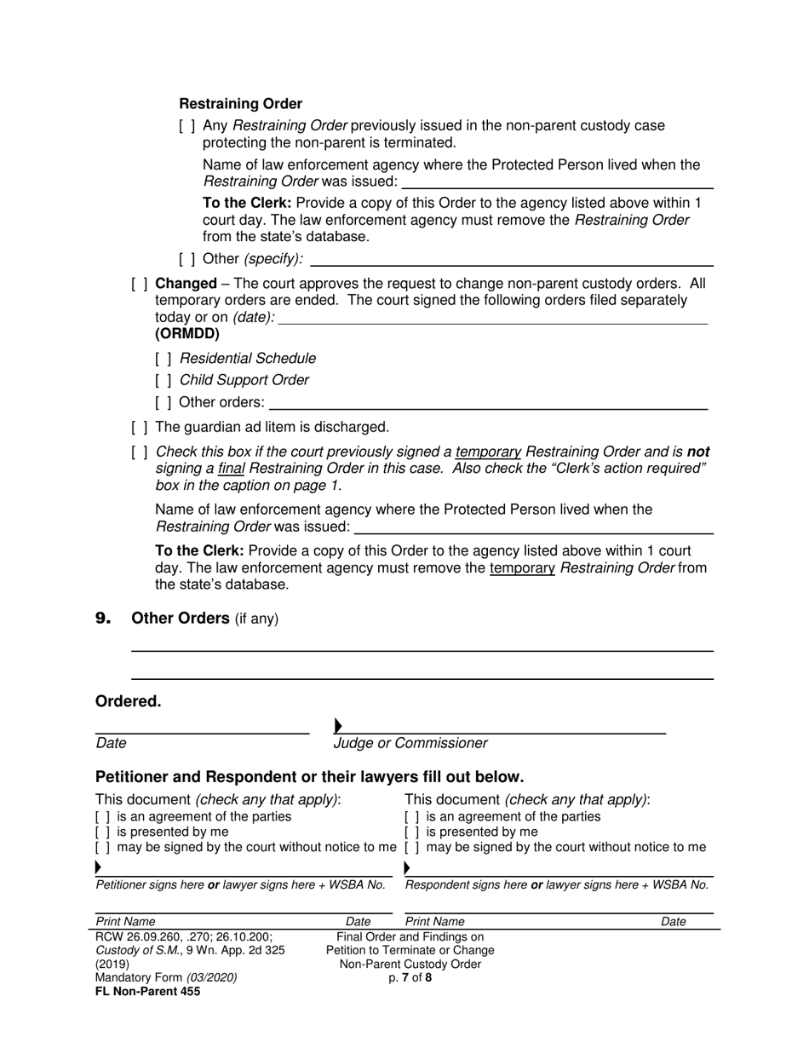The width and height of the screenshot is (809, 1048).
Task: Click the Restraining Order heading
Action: click(240, 104)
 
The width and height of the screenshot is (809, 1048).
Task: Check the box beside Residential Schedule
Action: click(164, 359)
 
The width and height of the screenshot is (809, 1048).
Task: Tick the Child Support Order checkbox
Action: click(164, 380)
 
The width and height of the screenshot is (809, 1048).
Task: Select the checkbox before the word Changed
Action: click(140, 284)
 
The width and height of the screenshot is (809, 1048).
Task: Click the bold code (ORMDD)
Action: click(186, 334)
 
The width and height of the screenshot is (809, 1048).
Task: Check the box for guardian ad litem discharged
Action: click(140, 427)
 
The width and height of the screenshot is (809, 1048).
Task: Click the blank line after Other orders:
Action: click(488, 404)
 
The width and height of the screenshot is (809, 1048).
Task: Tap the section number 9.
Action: click(104, 619)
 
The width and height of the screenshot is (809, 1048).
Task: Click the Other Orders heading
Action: click(181, 619)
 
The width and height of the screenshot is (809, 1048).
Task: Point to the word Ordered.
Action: click(128, 701)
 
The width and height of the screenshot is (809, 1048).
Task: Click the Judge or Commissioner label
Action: click(410, 743)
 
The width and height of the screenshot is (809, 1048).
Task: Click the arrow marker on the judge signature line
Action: click(338, 726)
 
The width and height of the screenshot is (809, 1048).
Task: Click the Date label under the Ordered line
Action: click(111, 743)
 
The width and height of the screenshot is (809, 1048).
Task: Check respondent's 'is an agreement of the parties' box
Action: click(412, 816)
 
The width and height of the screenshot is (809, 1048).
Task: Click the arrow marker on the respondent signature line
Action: click(407, 868)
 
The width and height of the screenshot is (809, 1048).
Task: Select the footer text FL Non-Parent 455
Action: click(147, 992)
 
